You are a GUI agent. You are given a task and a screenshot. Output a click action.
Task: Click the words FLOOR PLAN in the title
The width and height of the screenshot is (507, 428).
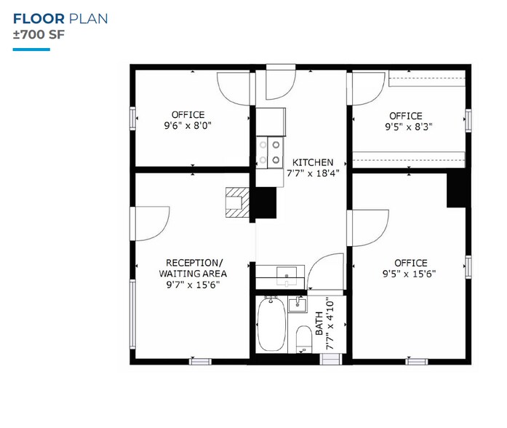(60, 18)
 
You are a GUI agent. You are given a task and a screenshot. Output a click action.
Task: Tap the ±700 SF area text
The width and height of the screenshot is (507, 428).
(32, 33)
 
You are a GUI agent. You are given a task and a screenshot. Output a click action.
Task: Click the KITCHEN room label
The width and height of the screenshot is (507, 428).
(313, 162)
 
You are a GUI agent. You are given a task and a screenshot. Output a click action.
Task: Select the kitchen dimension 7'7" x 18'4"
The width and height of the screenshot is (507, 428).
(313, 173)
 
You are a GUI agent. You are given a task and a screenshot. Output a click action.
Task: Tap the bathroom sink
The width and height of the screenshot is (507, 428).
(298, 304)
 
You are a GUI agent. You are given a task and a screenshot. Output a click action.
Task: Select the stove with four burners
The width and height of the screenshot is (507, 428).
(269, 151)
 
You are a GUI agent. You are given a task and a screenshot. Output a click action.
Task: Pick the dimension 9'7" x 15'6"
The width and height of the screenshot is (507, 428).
(193, 285)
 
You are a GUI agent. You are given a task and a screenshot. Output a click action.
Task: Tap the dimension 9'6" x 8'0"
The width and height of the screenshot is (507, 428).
(188, 125)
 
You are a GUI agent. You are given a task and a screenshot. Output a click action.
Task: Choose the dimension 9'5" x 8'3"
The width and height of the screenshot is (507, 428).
(405, 127)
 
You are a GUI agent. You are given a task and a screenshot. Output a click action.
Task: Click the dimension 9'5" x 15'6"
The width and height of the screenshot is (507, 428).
(411, 274)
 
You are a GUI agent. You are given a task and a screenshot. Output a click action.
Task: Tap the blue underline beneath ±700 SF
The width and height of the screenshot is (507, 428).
(31, 49)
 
